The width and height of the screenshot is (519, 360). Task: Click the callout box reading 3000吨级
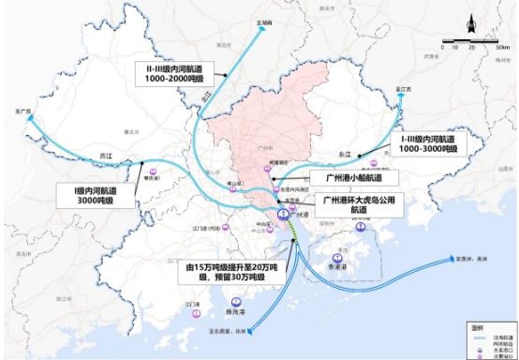(94, 195)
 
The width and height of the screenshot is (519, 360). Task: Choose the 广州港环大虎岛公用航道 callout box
(355, 204)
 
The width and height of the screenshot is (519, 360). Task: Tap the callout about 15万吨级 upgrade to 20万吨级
(227, 271)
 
